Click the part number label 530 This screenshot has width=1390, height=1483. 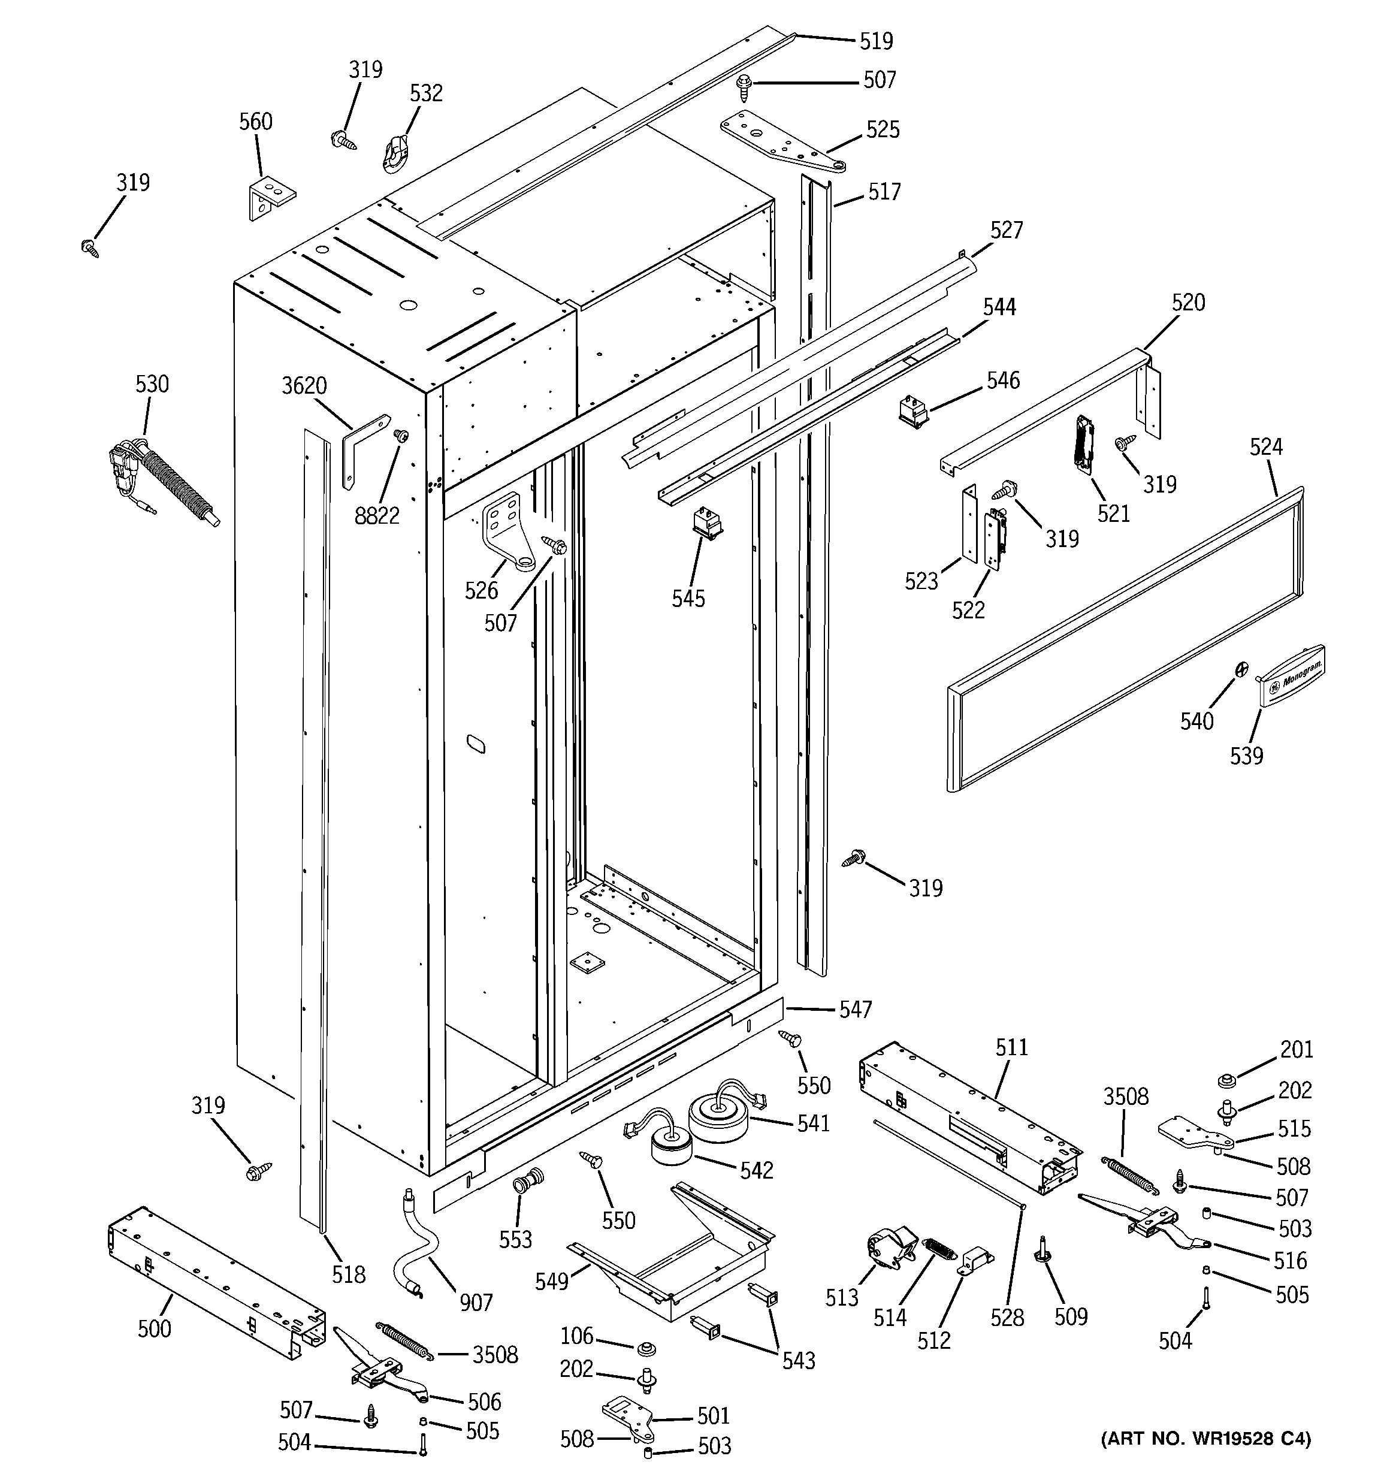click(x=152, y=384)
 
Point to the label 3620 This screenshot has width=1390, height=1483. click(x=304, y=386)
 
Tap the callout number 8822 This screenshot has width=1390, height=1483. click(x=377, y=515)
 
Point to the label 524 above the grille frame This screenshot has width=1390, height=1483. click(x=1266, y=447)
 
